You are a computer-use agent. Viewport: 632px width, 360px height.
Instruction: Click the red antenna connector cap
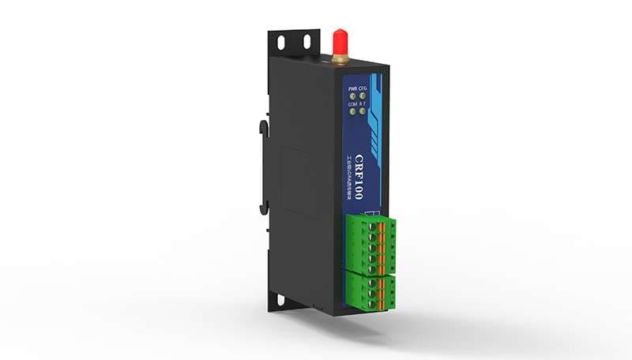tap(340, 40)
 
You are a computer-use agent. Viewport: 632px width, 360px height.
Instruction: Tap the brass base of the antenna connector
tap(340, 58)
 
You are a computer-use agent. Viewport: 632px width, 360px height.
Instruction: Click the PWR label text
tap(352, 88)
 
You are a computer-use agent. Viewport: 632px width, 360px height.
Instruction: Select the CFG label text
tap(363, 88)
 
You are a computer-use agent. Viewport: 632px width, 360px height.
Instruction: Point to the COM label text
tap(352, 103)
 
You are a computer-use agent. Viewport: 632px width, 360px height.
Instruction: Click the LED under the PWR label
tap(352, 95)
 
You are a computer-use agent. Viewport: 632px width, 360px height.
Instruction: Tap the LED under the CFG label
tap(363, 95)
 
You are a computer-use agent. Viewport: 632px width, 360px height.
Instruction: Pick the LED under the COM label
tap(352, 111)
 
